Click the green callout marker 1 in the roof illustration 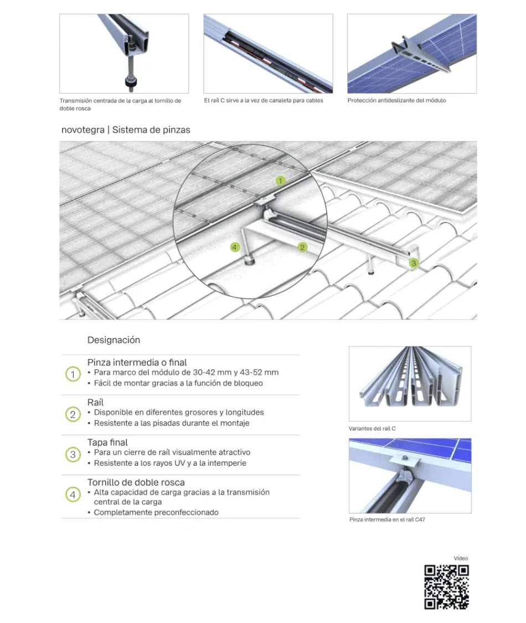point(281,181)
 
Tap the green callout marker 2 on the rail point(302,247)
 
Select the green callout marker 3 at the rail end point(413,263)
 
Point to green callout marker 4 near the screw point(235,247)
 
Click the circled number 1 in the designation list point(73,374)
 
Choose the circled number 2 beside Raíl point(73,414)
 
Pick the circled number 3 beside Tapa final point(73,455)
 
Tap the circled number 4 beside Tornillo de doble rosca point(73,495)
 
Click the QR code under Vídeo point(446,586)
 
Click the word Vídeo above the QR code point(461,558)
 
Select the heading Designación point(114,340)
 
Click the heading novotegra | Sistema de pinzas point(126,130)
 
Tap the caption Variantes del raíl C point(372,429)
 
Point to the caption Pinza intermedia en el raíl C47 point(387,520)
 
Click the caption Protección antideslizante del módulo point(396,101)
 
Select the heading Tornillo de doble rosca point(136,482)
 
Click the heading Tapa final point(107,442)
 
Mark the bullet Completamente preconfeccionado point(156,512)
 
